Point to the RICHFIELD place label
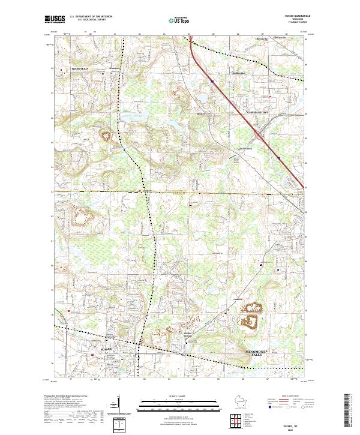click(x=80, y=69)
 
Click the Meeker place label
click(x=201, y=113)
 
